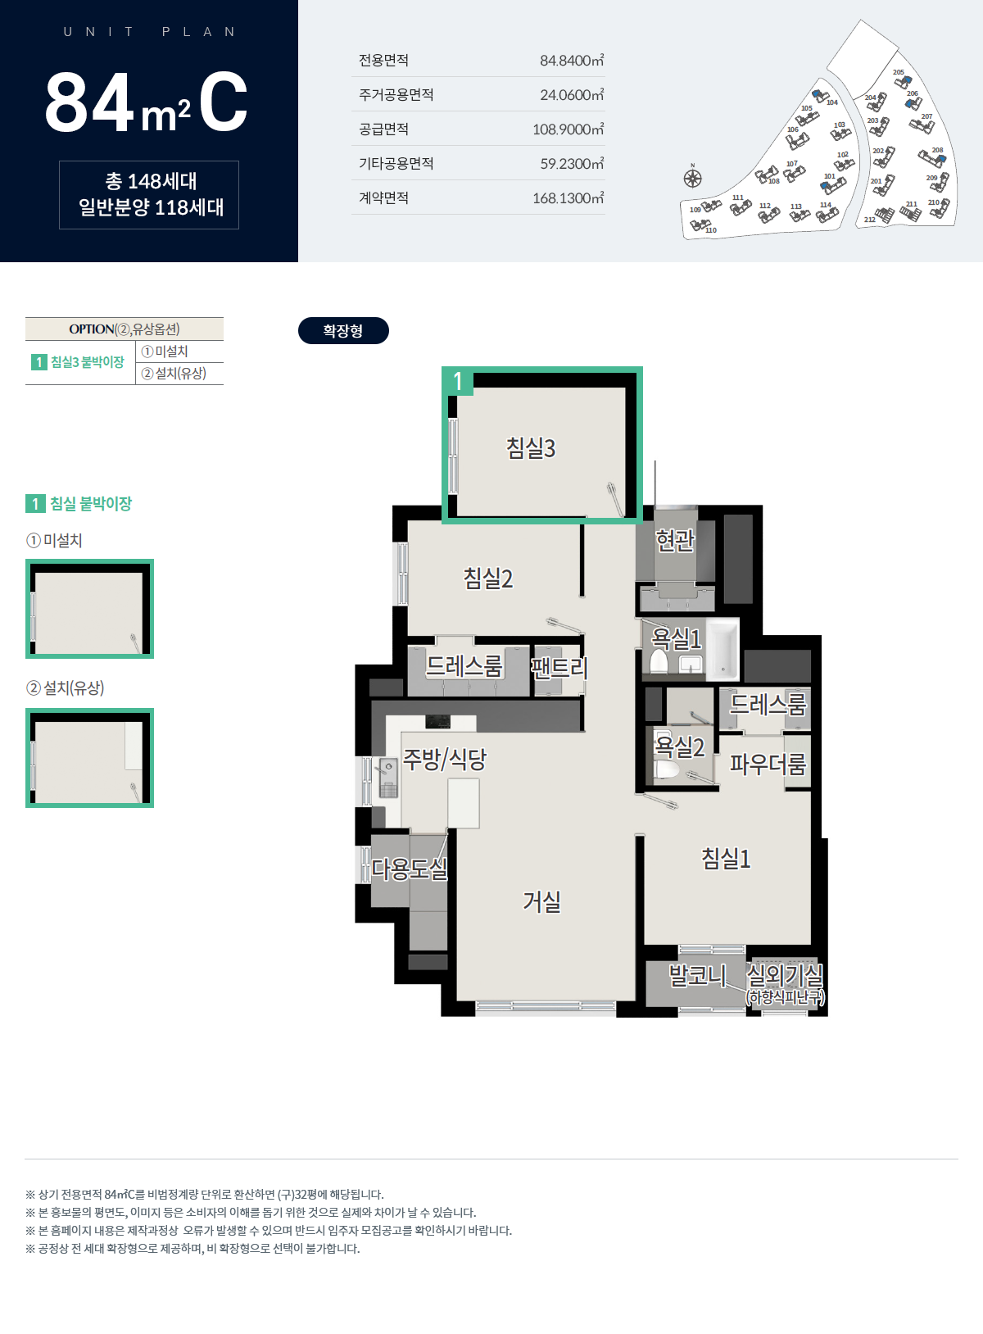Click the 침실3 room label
click(x=531, y=448)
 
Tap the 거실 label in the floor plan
click(x=541, y=901)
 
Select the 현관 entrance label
click(x=675, y=539)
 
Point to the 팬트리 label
click(x=559, y=668)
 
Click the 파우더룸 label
click(x=768, y=764)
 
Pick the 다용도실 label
click(x=409, y=869)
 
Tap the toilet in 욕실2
click(x=667, y=769)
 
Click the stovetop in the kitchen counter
click(x=437, y=721)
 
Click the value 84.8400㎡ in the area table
click(x=572, y=60)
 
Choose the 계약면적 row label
click(x=383, y=197)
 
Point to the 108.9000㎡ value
click(x=568, y=129)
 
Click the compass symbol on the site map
click(x=692, y=178)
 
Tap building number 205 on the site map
click(x=899, y=72)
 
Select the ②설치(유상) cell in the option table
click(x=174, y=374)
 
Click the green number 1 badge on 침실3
click(x=457, y=381)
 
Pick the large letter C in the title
click(x=224, y=102)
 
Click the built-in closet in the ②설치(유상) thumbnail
click(x=134, y=746)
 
